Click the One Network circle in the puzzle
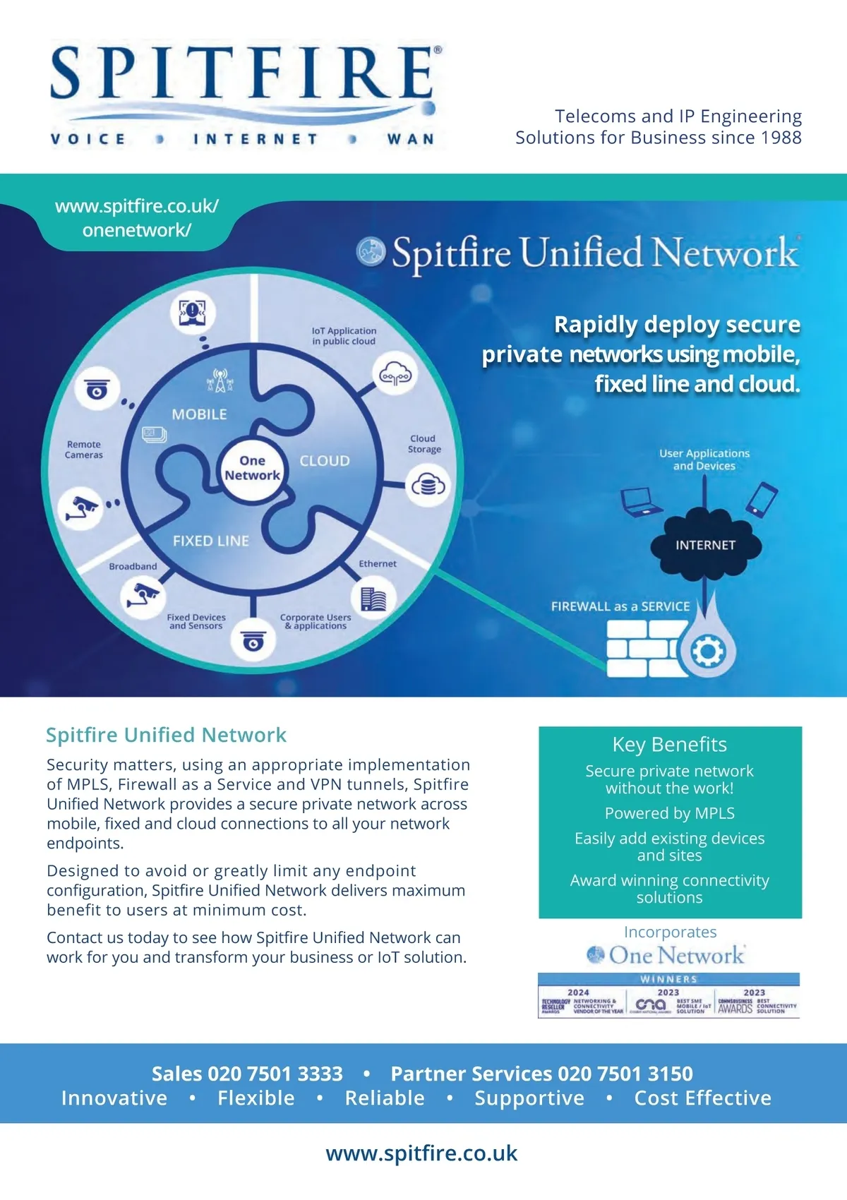pyautogui.click(x=252, y=468)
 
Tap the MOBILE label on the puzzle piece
pyautogui.click(x=199, y=414)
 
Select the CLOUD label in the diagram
pyautogui.click(x=325, y=461)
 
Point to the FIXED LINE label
pyautogui.click(x=210, y=541)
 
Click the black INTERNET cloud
pyautogui.click(x=705, y=545)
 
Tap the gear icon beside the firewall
pyautogui.click(x=707, y=652)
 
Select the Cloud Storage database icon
pyautogui.click(x=428, y=486)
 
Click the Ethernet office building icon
pyautogui.click(x=373, y=599)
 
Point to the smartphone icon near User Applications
pyautogui.click(x=762, y=498)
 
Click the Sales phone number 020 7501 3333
pyautogui.click(x=275, y=1074)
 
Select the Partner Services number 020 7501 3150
pyautogui.click(x=625, y=1074)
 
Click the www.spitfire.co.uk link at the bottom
pyautogui.click(x=421, y=1153)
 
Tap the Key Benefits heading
pyautogui.click(x=669, y=745)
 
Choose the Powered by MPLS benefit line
pyautogui.click(x=669, y=813)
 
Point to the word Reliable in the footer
pyautogui.click(x=385, y=1098)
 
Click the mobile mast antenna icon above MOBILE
pyautogui.click(x=220, y=380)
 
